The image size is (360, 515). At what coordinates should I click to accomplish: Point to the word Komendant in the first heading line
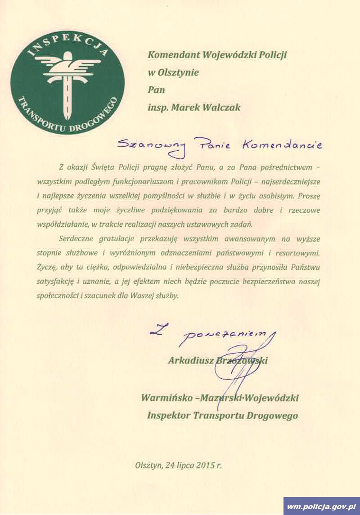pos(174,55)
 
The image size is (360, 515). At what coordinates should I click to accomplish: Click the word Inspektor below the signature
pos(168,415)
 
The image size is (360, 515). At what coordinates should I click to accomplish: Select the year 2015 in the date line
pos(205,465)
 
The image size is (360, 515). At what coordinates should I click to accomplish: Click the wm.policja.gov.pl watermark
pos(321,506)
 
